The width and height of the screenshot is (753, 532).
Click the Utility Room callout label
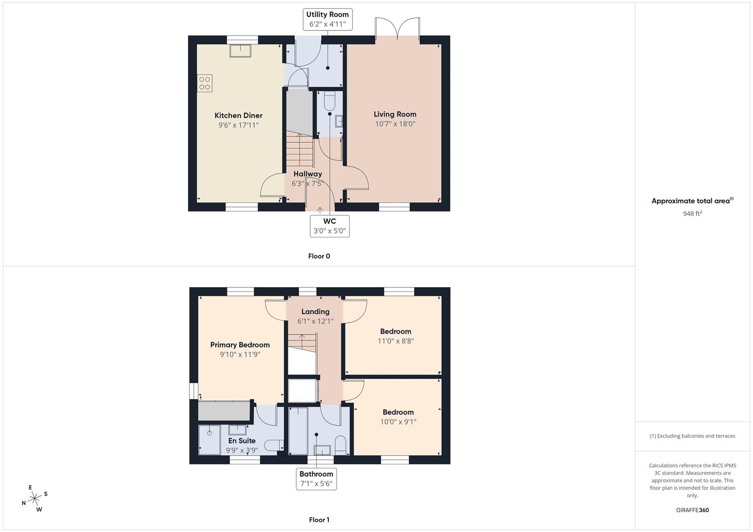click(327, 20)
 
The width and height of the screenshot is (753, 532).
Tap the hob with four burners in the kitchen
click(204, 83)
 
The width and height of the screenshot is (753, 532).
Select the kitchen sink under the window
click(240, 50)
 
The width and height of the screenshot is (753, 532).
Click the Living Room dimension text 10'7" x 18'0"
click(395, 124)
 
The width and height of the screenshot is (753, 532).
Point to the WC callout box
click(329, 226)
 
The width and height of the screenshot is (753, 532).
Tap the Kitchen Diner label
click(238, 116)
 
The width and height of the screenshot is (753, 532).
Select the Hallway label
click(308, 174)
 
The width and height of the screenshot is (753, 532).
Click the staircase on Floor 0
click(300, 150)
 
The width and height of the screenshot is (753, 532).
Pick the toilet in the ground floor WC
click(329, 100)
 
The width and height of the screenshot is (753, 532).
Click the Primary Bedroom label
click(240, 345)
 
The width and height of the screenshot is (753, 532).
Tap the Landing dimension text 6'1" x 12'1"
click(315, 321)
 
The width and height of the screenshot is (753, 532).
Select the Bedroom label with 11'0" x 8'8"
click(395, 332)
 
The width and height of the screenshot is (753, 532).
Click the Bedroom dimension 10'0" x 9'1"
click(398, 422)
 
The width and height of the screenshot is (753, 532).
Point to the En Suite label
click(242, 441)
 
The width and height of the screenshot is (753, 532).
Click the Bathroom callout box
click(316, 479)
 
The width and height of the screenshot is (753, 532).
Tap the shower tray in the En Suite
click(210, 440)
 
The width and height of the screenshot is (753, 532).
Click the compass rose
click(35, 499)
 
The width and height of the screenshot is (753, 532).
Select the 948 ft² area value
click(692, 214)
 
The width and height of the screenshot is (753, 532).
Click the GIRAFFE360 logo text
click(692, 510)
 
